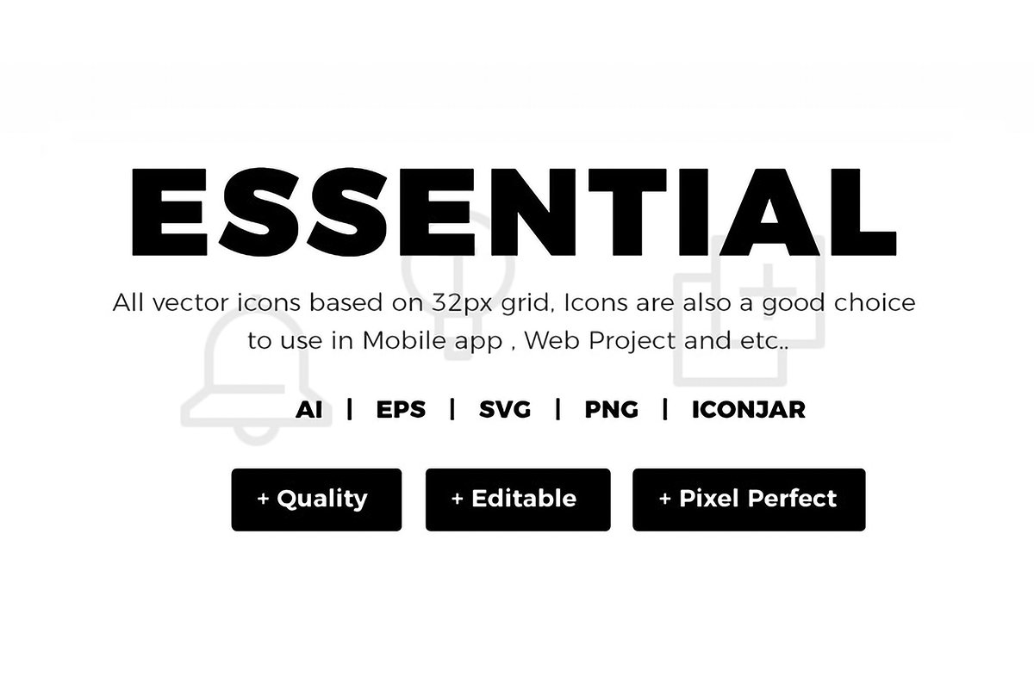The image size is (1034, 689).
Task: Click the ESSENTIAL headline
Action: (514, 212)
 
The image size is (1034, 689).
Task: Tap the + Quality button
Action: (316, 500)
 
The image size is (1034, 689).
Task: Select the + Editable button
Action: (518, 500)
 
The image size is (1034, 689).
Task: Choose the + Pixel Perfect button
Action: (749, 500)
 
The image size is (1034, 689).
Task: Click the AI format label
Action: (308, 410)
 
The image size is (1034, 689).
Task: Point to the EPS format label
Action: (401, 410)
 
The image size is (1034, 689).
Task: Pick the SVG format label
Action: (505, 410)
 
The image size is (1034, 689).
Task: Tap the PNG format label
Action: (611, 410)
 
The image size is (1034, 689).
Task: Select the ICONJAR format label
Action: (748, 410)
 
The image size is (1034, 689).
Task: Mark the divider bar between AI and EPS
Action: (350, 409)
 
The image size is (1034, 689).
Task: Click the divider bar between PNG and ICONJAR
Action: (665, 409)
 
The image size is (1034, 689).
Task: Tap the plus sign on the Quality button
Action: (263, 499)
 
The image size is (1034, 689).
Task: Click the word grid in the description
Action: (527, 304)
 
